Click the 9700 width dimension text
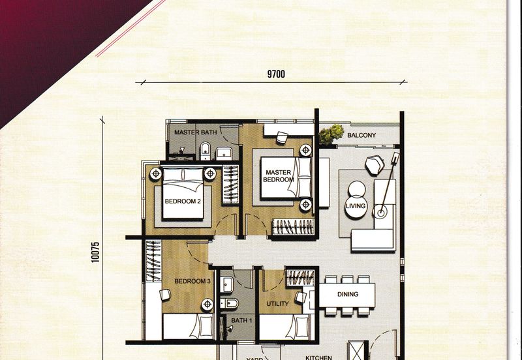276,74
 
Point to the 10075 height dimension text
95,252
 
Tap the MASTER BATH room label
195,132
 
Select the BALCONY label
361,136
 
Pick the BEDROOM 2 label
183,202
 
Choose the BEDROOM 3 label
192,282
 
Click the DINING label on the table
347,294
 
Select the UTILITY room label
278,304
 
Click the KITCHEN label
318,357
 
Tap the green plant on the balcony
331,134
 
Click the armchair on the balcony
375,165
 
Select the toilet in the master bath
205,153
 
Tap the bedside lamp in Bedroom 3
207,304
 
